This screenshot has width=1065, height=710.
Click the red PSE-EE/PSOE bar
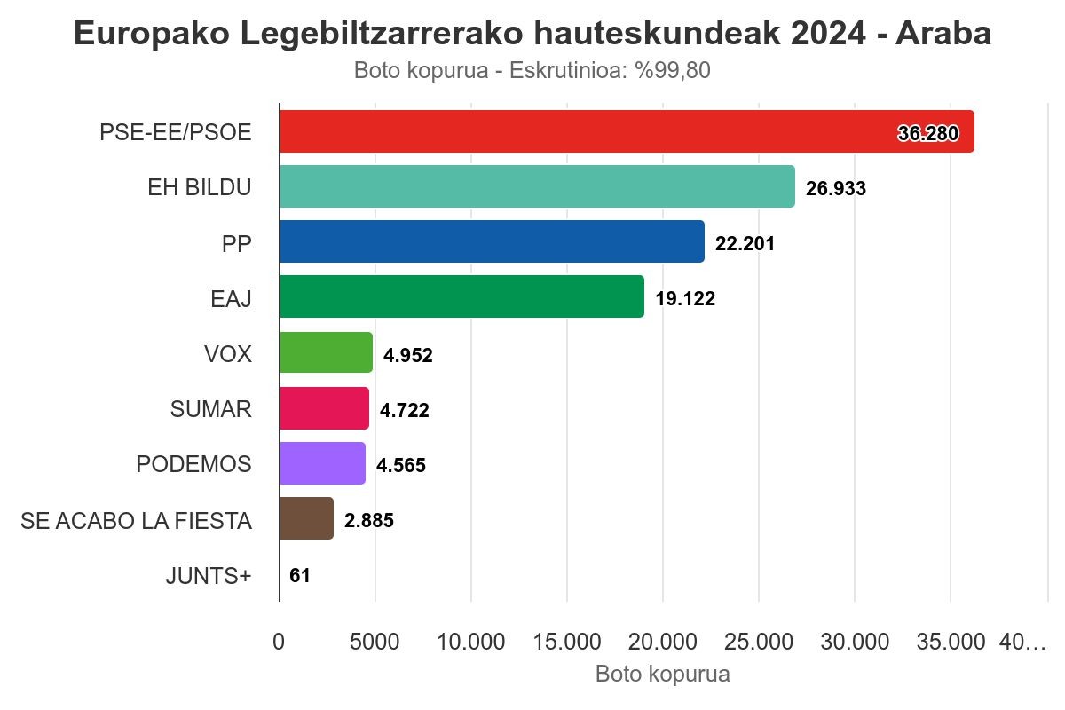627,131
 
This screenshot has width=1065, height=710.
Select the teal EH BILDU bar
537,186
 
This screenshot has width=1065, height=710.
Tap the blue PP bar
492,241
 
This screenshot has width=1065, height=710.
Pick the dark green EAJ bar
461,296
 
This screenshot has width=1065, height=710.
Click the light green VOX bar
327,352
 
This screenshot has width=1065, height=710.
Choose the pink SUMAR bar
324,408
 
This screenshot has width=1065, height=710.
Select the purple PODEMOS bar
322,463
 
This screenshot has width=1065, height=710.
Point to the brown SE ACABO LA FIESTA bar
307,518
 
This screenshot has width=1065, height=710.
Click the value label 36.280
928,133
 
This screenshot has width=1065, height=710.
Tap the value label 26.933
836,188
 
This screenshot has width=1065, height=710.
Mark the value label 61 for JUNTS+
300,575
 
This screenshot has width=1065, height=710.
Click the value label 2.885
369,520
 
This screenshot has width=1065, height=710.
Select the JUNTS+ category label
209,576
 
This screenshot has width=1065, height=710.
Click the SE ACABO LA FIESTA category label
136,521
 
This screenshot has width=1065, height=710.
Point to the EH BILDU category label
199,187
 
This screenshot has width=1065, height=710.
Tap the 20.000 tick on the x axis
663,642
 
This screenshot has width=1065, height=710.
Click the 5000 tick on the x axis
375,642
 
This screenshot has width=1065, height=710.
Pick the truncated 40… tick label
1022,642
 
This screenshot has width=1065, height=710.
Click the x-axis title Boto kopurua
663,674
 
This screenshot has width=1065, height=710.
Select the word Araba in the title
943,34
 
